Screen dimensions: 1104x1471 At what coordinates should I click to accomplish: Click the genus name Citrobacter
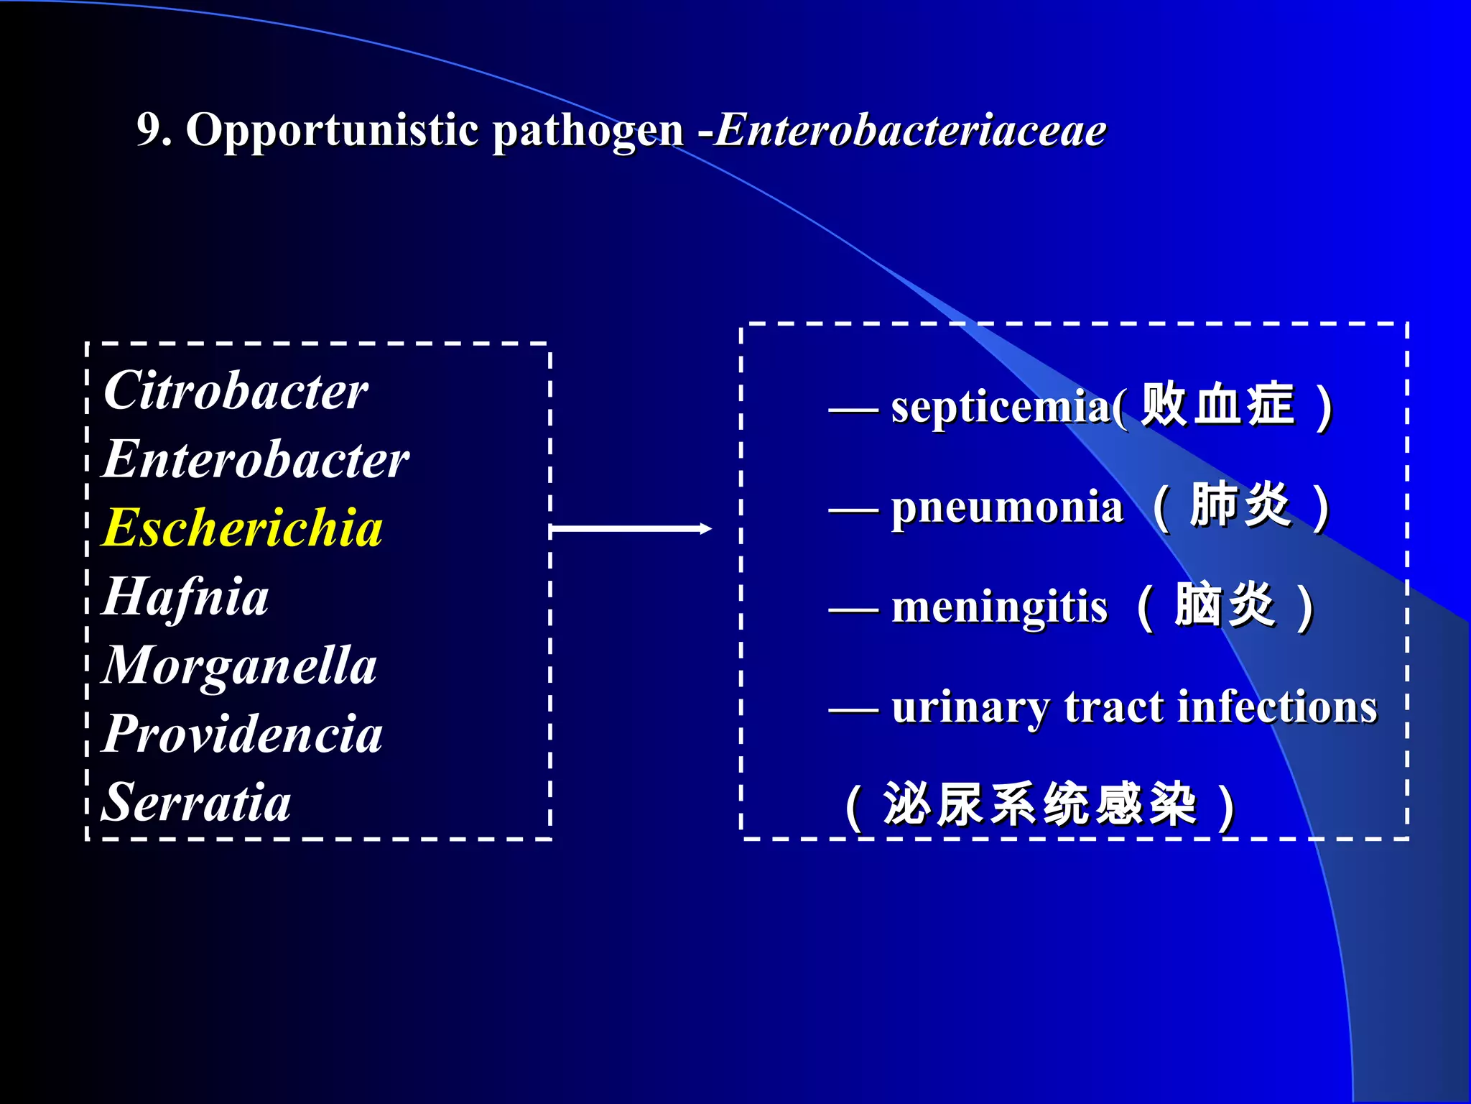(236, 392)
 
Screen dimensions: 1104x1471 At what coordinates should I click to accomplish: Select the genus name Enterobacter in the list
(256, 460)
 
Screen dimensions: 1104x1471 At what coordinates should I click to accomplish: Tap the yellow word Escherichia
(242, 528)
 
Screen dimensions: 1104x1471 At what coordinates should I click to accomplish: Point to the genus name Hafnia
(185, 597)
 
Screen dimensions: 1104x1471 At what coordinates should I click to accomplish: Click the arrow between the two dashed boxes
(631, 529)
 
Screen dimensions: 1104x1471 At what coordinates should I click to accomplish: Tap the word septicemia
(1001, 408)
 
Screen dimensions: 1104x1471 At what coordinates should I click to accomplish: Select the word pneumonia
(1007, 507)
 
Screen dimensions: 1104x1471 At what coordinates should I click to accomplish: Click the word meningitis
(999, 607)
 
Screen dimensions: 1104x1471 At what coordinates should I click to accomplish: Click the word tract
(1113, 707)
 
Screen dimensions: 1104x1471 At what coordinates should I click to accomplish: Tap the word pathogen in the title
(588, 131)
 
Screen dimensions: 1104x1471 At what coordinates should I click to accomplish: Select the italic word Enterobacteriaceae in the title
(910, 131)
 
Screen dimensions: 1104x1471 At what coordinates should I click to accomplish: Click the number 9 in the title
(148, 129)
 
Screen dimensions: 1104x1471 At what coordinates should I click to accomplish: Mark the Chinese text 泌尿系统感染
(1039, 804)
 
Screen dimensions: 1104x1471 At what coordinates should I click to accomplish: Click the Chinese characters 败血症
(1218, 405)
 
